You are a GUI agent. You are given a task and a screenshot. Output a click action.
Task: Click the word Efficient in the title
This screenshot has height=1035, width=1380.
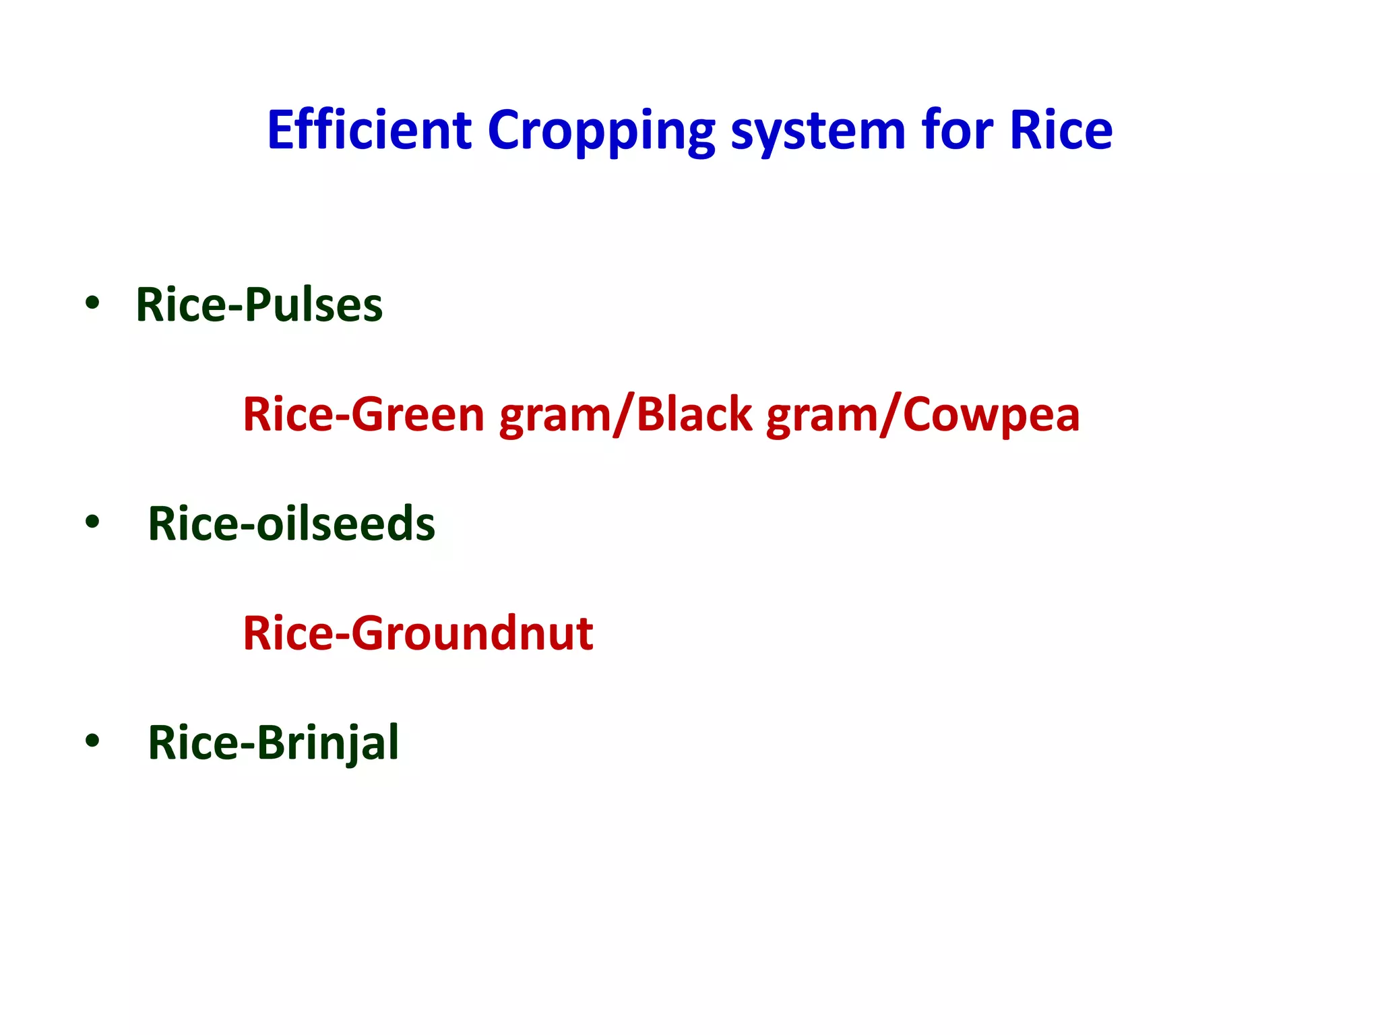point(369,129)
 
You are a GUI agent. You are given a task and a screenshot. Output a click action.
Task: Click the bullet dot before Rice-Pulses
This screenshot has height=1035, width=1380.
point(92,303)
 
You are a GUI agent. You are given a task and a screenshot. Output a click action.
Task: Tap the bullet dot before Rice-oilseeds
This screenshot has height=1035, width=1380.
point(92,522)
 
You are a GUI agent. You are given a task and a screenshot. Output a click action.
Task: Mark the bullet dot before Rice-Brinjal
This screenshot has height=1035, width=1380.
point(92,741)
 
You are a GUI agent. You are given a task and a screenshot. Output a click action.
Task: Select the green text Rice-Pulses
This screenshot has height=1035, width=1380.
point(259,305)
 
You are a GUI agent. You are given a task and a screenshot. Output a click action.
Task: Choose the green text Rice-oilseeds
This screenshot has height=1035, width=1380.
point(291,524)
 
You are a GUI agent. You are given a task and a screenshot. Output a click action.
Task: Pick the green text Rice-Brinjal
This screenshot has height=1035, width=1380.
point(273,743)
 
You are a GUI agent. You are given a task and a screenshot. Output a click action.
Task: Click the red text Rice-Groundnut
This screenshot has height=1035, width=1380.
point(418,633)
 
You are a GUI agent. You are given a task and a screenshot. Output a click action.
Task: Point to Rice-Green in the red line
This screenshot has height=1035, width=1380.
point(364,414)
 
